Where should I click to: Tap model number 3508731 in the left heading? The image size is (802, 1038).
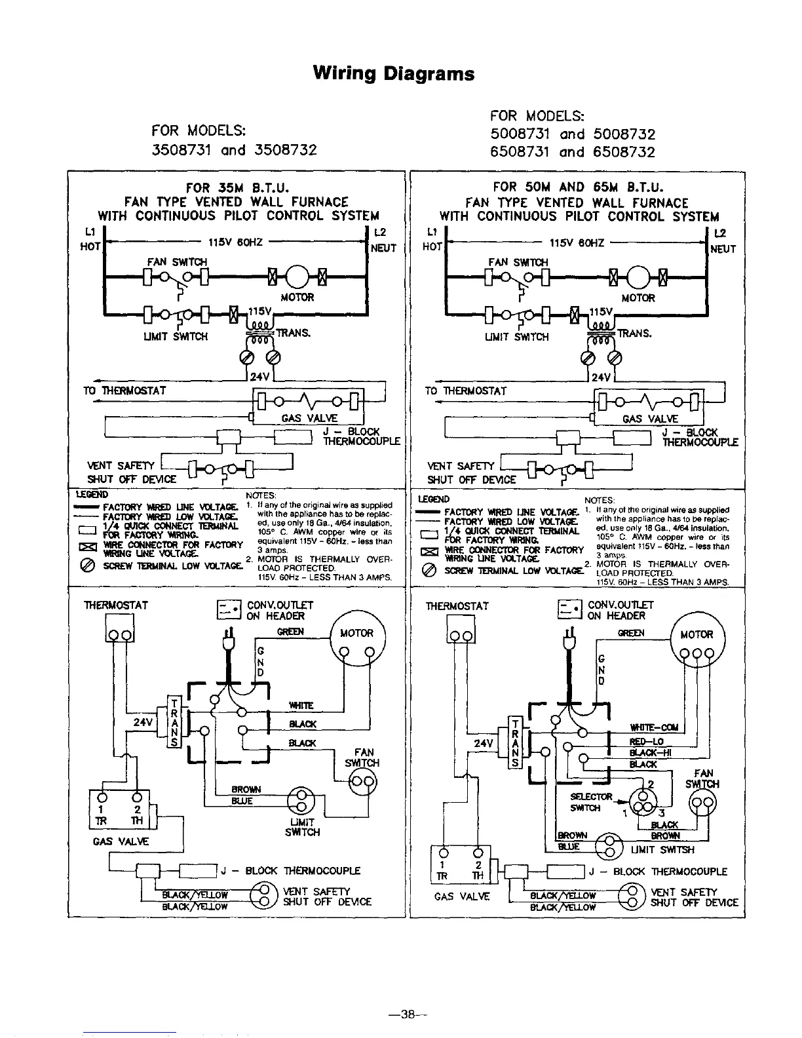(x=179, y=150)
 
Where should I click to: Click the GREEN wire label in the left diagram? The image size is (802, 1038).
(x=290, y=632)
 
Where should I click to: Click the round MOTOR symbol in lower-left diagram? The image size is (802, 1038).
(x=357, y=645)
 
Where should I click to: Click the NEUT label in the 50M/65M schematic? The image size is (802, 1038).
(x=723, y=249)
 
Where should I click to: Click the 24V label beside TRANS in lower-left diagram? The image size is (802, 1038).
(x=143, y=722)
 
